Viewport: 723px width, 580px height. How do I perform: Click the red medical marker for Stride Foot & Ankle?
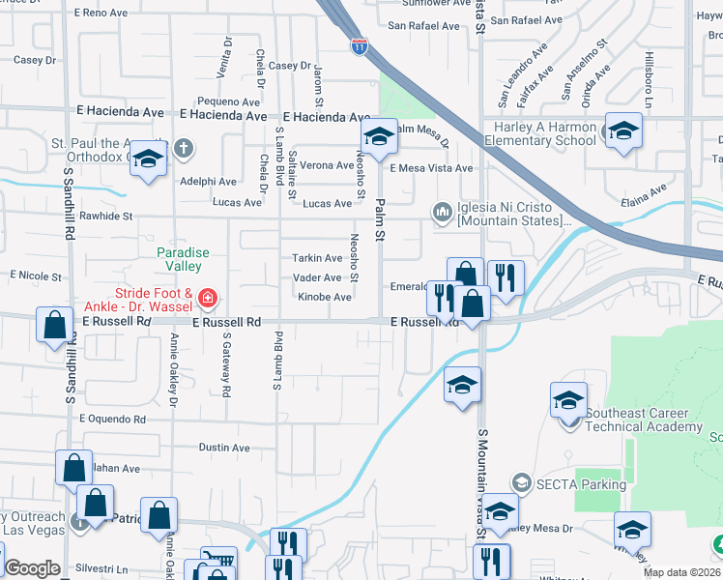(207, 298)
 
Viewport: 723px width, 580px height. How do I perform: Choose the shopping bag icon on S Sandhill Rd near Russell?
(55, 326)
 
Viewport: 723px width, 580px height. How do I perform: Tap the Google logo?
(32, 568)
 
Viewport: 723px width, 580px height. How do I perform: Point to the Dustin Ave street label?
(224, 448)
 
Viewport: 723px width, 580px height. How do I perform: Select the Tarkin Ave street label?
(317, 258)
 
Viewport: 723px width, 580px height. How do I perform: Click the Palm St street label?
(380, 222)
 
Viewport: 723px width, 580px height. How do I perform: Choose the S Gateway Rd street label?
(228, 366)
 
